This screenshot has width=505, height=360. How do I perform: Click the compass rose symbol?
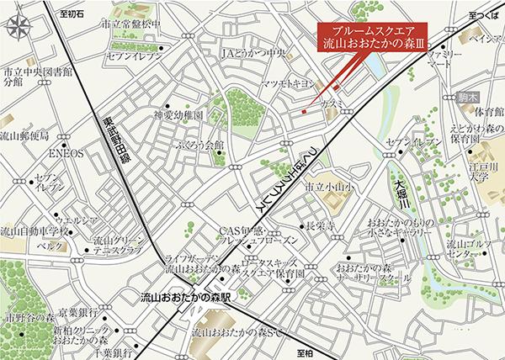[x=19, y=29]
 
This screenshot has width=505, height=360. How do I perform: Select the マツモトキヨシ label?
[x=287, y=83]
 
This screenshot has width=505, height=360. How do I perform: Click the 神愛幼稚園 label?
[x=178, y=114]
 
